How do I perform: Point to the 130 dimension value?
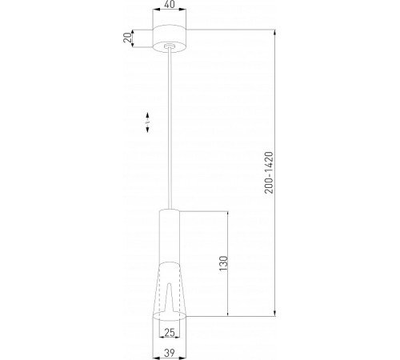(223, 264)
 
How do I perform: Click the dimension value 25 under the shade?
(169, 332)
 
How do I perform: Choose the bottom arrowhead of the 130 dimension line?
(230, 314)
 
